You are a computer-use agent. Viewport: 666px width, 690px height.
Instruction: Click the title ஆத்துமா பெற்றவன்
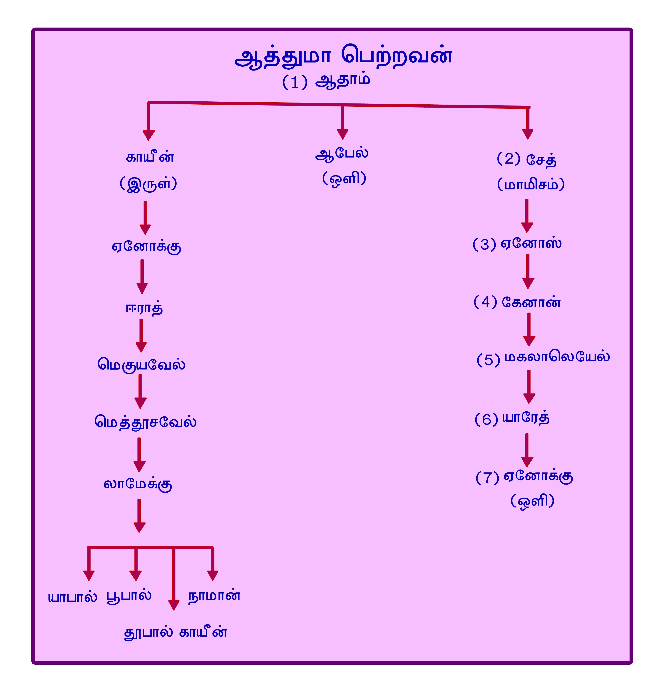pos(343,56)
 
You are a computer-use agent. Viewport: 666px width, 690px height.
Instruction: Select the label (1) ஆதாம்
pos(326,81)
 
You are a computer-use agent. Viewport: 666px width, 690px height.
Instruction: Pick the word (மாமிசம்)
pos(531,184)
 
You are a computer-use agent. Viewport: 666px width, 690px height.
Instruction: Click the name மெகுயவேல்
pos(142,364)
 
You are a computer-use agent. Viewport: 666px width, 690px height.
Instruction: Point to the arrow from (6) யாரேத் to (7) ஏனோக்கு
pos(527,450)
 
